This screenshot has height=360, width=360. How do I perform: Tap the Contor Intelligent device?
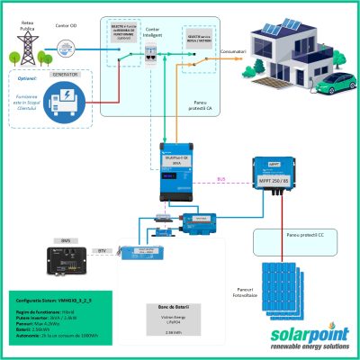point(153,50)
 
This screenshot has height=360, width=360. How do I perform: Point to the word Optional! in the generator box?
point(30,78)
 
